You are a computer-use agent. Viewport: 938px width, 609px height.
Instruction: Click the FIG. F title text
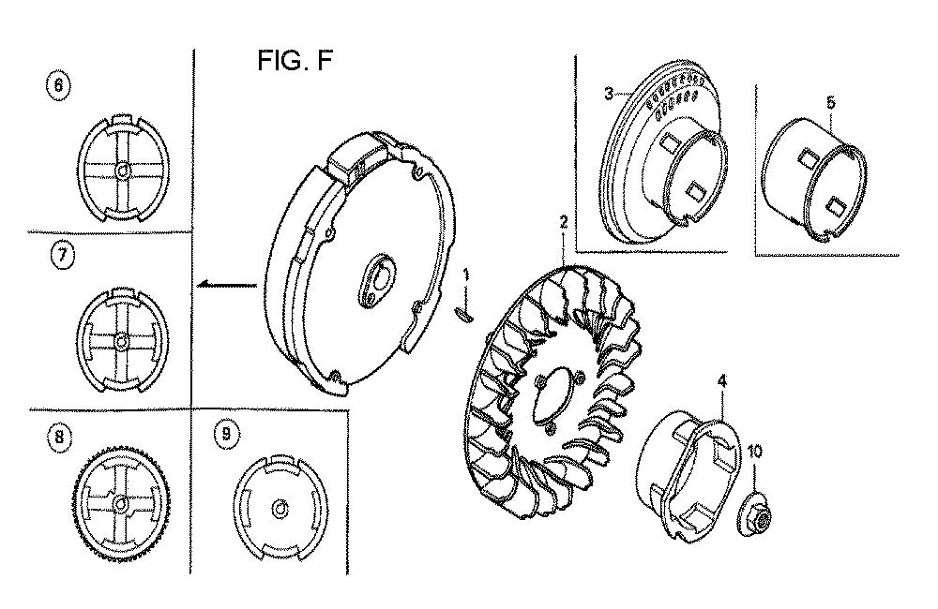295,60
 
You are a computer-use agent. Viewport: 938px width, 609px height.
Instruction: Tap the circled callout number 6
58,85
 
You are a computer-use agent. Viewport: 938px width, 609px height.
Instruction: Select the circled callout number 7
62,255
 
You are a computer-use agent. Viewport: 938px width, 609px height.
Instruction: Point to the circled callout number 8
58,437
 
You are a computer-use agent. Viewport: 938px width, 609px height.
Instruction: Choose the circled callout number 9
226,433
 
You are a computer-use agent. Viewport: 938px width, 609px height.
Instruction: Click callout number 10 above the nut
755,452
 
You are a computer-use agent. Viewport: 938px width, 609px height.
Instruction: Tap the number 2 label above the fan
563,222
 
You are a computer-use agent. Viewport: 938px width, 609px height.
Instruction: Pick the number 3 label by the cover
609,94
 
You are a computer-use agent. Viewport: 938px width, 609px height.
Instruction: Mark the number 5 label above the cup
830,103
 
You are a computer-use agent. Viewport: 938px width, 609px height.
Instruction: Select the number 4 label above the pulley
722,380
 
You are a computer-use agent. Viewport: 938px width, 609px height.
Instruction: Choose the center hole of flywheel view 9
280,509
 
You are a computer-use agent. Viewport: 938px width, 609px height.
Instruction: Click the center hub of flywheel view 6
122,171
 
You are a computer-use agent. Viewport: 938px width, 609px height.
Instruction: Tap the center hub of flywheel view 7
122,341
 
